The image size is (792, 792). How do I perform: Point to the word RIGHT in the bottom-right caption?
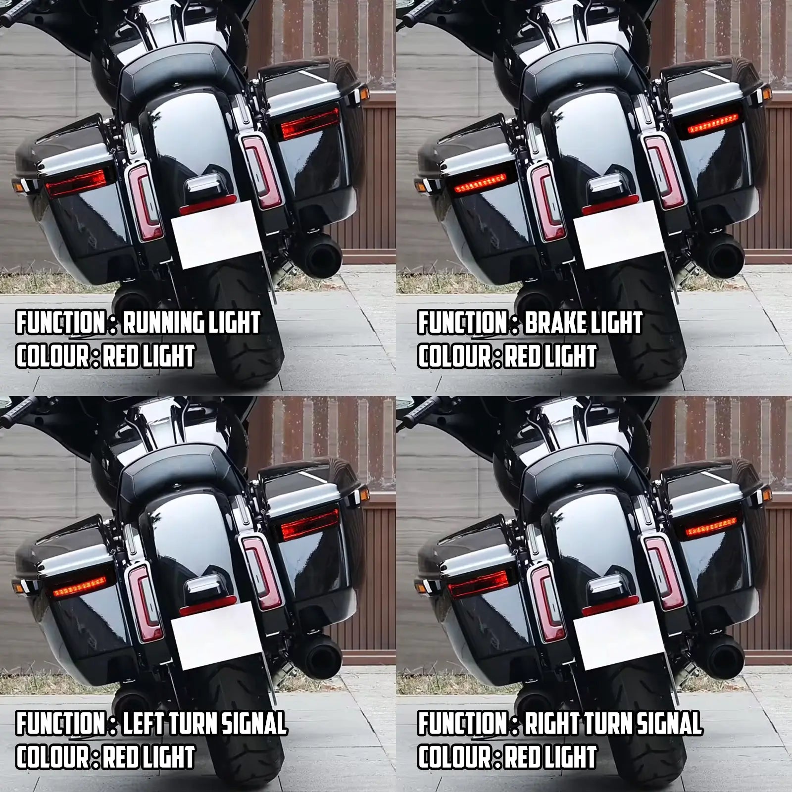coord(550,724)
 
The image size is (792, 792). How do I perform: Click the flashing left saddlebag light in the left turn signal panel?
coord(79,589)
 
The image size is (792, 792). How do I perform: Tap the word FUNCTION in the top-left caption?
coord(58,323)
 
